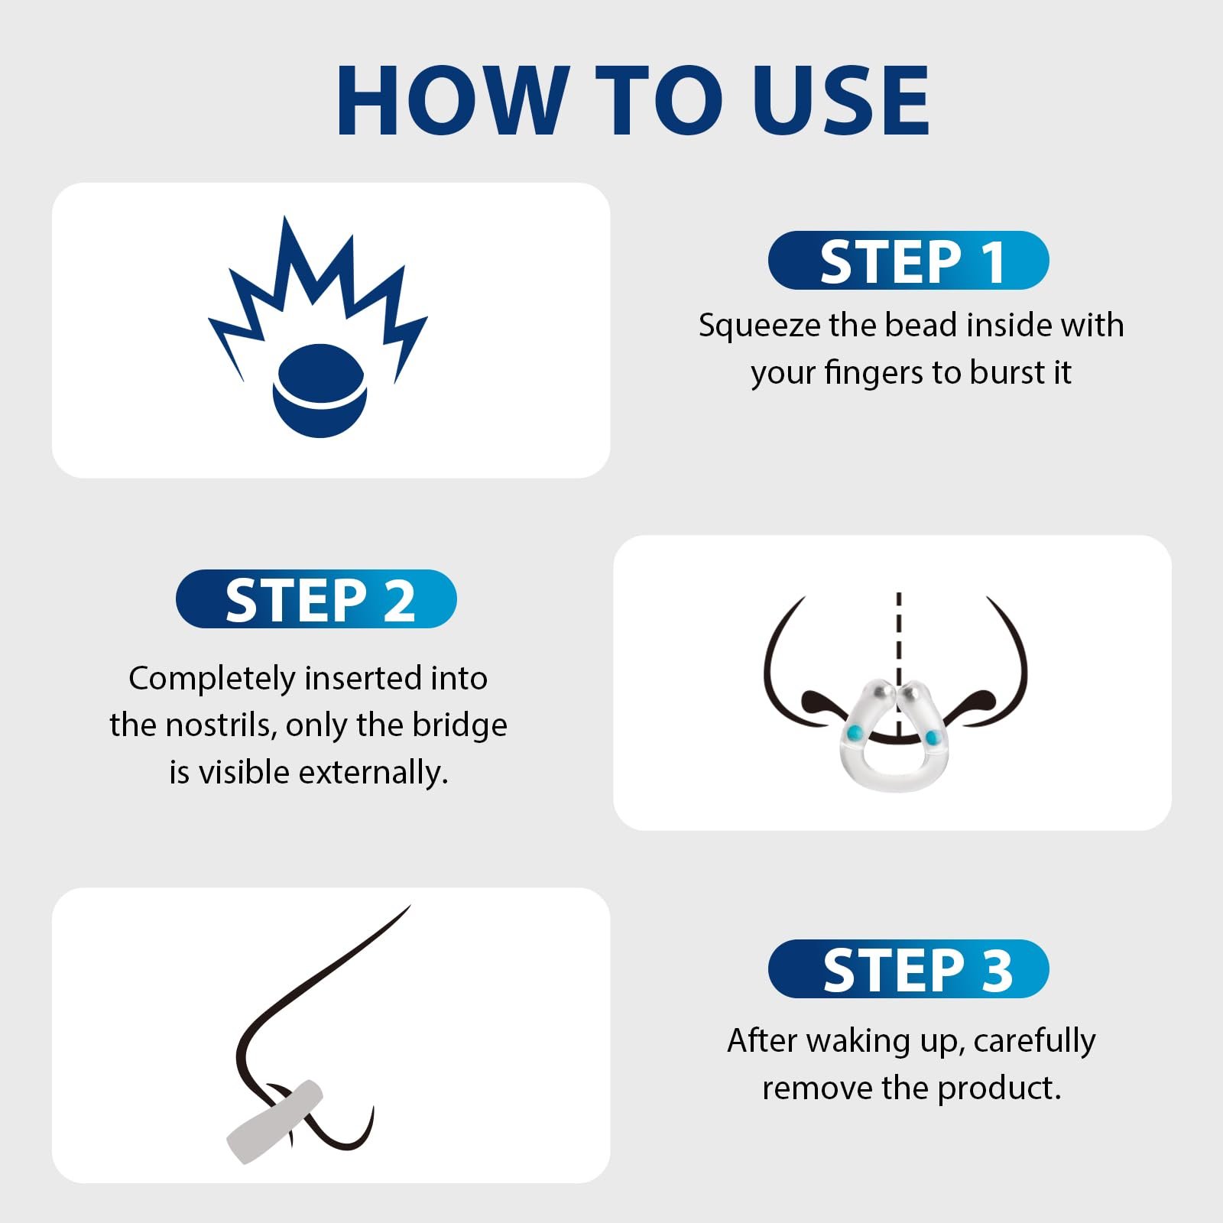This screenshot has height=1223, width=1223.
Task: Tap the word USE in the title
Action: click(x=841, y=100)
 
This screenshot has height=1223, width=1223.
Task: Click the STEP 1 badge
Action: click(x=908, y=261)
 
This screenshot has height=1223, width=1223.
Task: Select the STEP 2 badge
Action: click(x=316, y=599)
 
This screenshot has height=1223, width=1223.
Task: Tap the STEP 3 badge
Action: click(x=908, y=968)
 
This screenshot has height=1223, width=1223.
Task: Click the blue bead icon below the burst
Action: click(x=320, y=391)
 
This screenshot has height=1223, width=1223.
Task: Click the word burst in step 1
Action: click(x=1007, y=372)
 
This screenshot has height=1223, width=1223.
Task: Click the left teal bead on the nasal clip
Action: click(x=855, y=733)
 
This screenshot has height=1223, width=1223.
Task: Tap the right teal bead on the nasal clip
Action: click(x=933, y=738)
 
